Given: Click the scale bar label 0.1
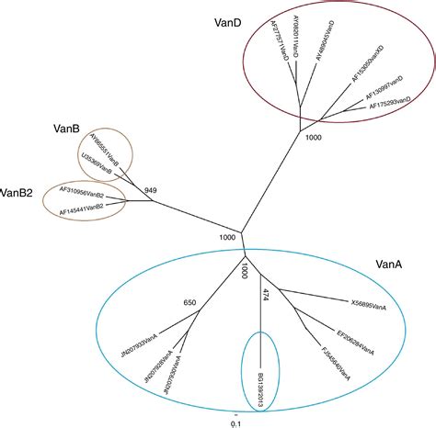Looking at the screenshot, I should tap(235, 422).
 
